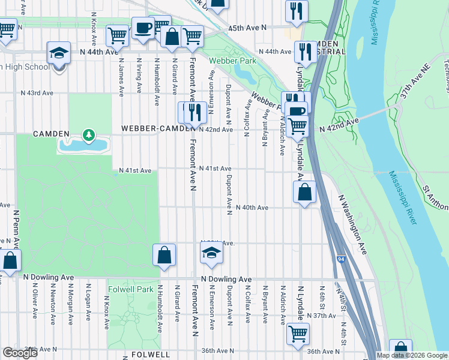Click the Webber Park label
232,61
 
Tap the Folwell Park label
128,289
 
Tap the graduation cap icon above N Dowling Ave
211,255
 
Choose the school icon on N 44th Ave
59,53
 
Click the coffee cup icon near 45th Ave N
143,28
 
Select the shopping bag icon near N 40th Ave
305,193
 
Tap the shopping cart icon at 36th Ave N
298,334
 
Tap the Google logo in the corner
20,352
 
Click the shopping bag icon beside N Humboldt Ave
164,255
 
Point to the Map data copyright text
412,355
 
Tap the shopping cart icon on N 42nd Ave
298,127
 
